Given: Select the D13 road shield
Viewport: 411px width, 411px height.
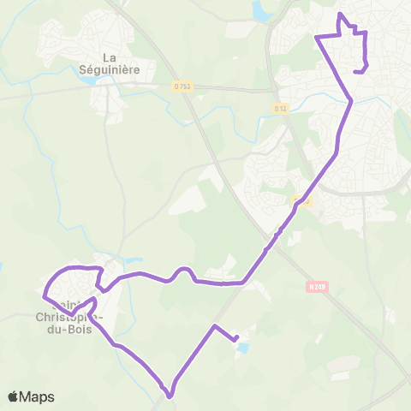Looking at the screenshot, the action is click(x=281, y=108).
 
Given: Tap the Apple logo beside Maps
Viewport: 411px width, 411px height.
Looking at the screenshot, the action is click(x=14, y=396).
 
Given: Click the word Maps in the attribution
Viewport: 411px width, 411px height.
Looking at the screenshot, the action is click(x=38, y=396).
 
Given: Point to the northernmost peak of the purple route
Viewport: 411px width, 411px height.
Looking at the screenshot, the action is click(x=342, y=15).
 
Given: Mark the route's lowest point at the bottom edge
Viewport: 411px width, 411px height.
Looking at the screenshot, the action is click(x=170, y=396).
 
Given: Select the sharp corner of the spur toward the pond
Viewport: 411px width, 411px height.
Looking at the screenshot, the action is click(x=214, y=326).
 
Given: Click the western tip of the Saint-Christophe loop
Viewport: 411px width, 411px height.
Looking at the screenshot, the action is click(x=44, y=296).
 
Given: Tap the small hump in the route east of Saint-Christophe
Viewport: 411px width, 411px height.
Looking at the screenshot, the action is click(x=182, y=270).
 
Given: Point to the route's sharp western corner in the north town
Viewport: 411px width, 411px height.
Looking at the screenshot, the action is click(x=318, y=38).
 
